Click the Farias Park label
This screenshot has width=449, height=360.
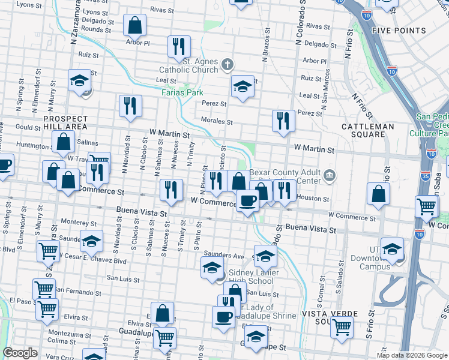point(182,92)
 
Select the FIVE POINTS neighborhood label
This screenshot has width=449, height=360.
point(399,31)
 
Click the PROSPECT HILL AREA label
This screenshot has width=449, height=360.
point(65,123)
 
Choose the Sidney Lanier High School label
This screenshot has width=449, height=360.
point(243,277)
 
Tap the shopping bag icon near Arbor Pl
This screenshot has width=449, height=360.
point(134,26)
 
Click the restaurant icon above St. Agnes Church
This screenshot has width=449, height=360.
point(178,47)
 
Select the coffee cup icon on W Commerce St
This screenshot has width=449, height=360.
point(247,200)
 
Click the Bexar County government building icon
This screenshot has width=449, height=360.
point(329,175)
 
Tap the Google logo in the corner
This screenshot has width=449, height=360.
point(20,353)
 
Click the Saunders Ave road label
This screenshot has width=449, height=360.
point(223,255)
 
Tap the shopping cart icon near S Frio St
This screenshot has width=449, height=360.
point(342,328)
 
